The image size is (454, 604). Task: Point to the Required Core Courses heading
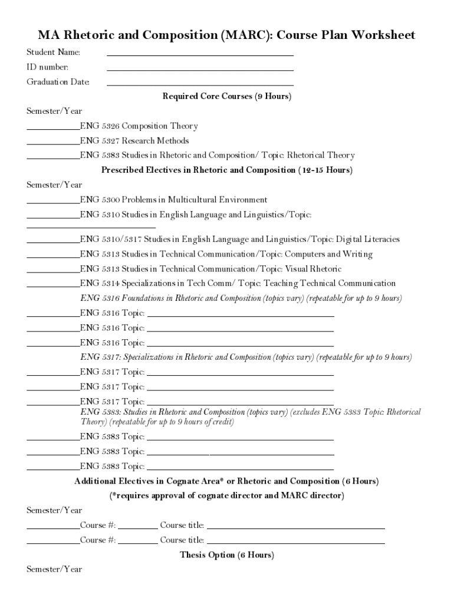226,96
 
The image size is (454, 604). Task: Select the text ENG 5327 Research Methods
134,141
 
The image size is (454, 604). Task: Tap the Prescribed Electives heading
226,170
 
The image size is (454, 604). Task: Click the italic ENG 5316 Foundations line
241,298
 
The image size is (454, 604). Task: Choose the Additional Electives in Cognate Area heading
226,481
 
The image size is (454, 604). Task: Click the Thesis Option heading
226,555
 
